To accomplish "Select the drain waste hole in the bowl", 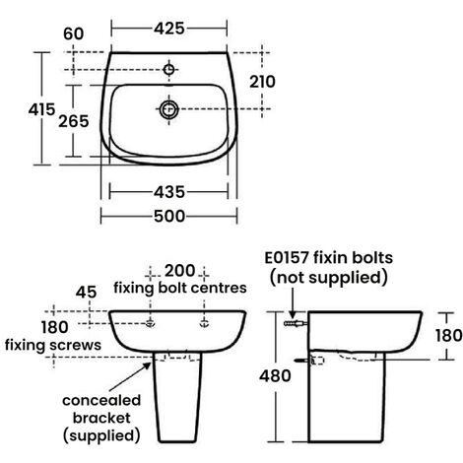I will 167,110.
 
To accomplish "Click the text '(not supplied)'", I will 328,279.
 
